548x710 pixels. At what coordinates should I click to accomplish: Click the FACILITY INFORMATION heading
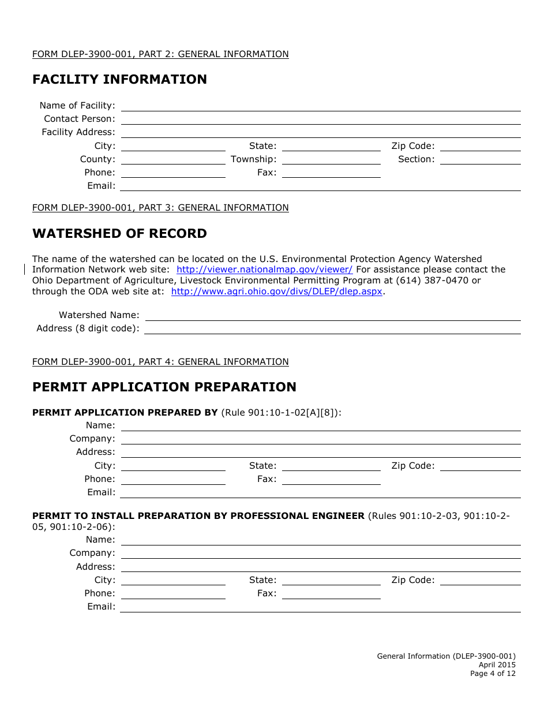[119, 80]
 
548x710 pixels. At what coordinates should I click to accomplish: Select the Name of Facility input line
[320, 106]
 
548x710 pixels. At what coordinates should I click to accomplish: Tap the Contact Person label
[80, 119]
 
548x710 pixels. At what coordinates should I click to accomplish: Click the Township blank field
[331, 159]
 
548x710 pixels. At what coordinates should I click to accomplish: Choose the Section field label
[416, 159]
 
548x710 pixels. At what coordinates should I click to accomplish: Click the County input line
[173, 159]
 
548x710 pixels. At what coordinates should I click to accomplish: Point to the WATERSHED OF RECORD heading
[119, 234]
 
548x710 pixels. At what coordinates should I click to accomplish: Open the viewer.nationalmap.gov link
[264, 270]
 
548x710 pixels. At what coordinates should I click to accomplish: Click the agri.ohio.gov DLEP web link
[277, 292]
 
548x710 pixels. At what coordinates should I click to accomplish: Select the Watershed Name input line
[333, 315]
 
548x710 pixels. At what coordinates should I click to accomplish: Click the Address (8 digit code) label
[88, 328]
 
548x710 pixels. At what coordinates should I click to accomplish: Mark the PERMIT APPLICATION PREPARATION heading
[164, 387]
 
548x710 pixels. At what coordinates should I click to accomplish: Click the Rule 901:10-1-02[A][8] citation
[280, 413]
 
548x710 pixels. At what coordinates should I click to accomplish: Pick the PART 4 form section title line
[160, 362]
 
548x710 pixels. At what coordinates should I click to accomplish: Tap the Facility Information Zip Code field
[480, 146]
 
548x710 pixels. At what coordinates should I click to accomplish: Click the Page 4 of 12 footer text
[493, 674]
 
